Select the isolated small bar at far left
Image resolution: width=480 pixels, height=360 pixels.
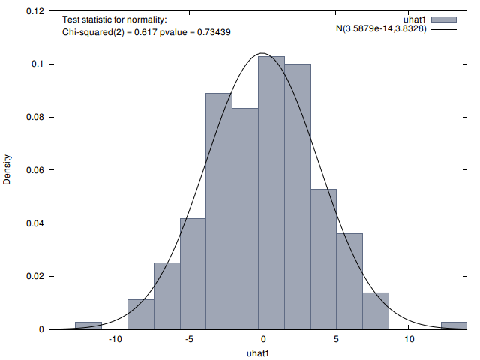[x=88, y=325]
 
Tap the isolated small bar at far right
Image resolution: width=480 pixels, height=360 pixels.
[x=454, y=325]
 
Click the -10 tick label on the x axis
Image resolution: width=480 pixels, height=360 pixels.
[x=115, y=340]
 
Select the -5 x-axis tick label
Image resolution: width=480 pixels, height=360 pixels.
[x=189, y=340]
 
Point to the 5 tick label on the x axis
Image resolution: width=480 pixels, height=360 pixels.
[x=335, y=340]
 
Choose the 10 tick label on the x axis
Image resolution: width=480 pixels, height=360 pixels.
[x=409, y=340]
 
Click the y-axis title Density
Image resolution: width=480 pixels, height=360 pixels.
[x=8, y=171]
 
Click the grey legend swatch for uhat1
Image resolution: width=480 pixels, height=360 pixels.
[x=443, y=19]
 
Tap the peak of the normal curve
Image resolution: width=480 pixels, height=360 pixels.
[x=262, y=53]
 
